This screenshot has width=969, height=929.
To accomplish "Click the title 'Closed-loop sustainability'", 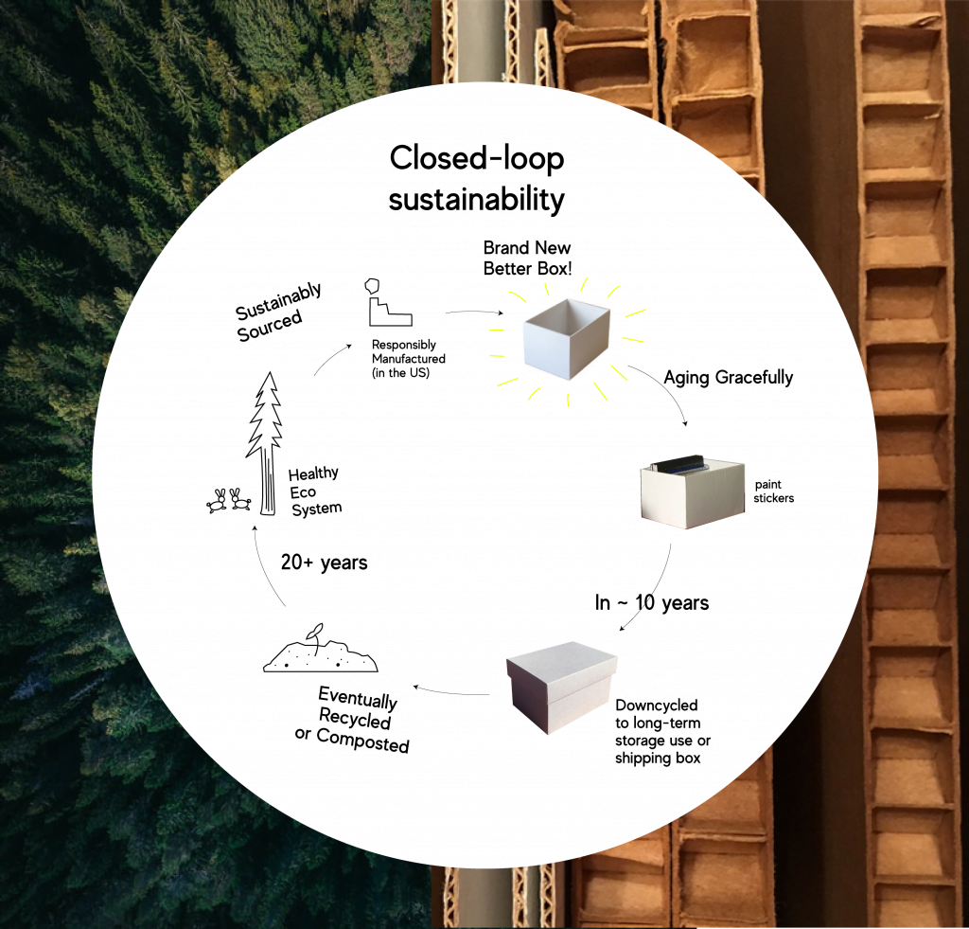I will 477,178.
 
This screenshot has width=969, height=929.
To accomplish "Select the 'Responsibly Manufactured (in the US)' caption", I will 408,359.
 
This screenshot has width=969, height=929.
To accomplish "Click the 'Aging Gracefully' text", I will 729,377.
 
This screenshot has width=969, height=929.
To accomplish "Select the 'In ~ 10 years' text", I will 652,602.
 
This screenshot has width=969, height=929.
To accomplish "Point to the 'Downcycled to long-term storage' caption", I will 662,732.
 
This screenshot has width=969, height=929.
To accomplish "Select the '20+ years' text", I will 324,563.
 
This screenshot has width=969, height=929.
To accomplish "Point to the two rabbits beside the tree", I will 229,500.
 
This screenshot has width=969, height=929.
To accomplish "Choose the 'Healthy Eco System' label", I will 315,491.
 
